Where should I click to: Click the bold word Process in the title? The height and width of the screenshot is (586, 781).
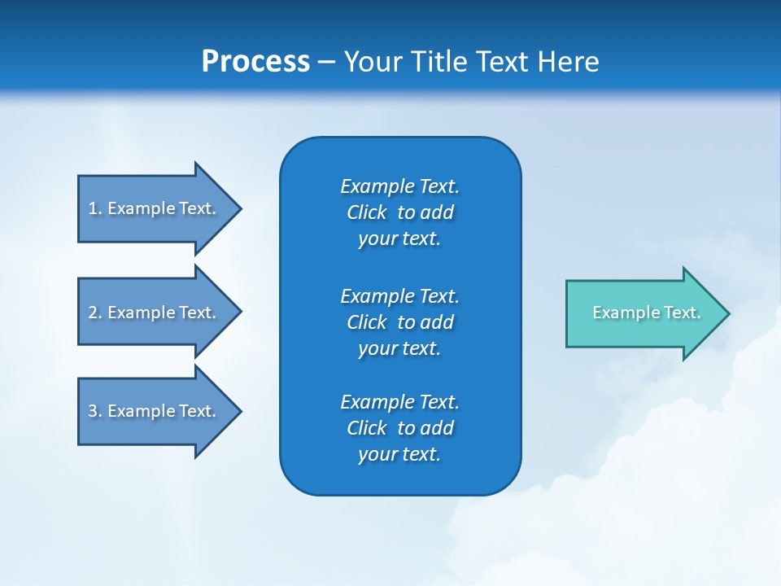[x=255, y=62]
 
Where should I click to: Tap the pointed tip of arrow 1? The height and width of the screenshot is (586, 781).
[x=239, y=208]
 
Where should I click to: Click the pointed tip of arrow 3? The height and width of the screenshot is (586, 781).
[x=239, y=411]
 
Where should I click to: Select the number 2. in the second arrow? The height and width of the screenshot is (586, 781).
[x=94, y=313]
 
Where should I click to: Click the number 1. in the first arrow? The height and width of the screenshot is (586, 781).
[x=94, y=208]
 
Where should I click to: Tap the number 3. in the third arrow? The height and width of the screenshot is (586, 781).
[x=94, y=411]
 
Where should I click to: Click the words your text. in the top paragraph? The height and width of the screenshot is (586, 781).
[x=399, y=238]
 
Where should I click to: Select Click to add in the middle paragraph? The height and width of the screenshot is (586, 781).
[x=399, y=322]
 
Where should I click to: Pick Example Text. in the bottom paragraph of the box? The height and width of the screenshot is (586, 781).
[x=399, y=402]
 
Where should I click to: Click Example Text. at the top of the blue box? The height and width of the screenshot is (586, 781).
[x=399, y=186]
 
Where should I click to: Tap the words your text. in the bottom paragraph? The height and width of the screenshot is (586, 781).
[x=399, y=454]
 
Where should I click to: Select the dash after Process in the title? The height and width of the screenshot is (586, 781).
[x=327, y=62]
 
